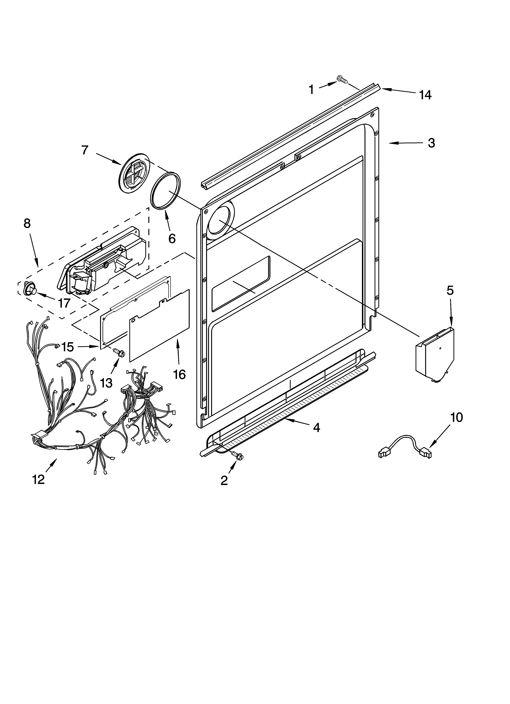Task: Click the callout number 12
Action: (x=39, y=480)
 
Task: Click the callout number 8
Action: (x=27, y=223)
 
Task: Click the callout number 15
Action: (x=67, y=347)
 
